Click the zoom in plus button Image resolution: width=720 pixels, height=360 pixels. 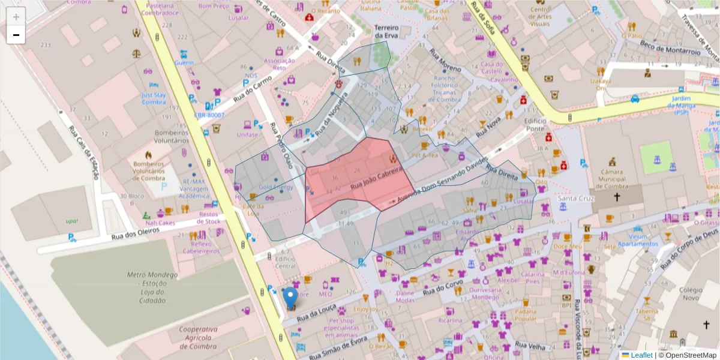(16, 17)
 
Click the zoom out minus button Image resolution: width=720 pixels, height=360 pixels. (16, 35)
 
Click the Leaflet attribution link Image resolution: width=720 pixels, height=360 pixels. (641, 355)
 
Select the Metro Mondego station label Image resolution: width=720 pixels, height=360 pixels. (152, 287)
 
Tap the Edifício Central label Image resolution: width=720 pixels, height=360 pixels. (285, 262)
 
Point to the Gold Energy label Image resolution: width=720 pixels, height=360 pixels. (276, 187)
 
